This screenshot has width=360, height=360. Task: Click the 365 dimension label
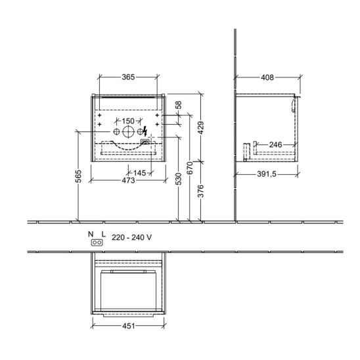click(128, 77)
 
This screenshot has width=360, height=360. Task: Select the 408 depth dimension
click(267, 78)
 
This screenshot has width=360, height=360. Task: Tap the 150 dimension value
click(128, 121)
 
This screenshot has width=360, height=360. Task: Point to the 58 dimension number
click(179, 105)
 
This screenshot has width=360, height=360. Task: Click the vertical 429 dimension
click(200, 128)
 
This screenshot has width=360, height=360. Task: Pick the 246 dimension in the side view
click(275, 145)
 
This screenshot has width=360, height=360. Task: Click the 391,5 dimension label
click(267, 174)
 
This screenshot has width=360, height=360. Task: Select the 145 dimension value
click(139, 173)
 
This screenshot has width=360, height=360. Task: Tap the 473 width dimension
click(128, 181)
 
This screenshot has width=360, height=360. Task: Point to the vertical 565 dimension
click(79, 176)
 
